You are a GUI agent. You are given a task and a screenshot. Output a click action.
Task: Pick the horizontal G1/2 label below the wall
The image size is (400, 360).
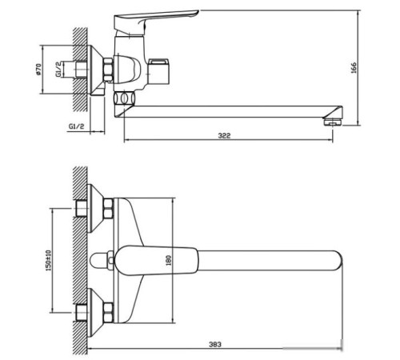(x=78, y=126)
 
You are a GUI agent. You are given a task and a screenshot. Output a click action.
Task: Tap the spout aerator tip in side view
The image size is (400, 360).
(x=330, y=122)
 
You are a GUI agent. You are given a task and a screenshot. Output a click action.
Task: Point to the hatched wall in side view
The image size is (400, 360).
(x=79, y=72)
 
